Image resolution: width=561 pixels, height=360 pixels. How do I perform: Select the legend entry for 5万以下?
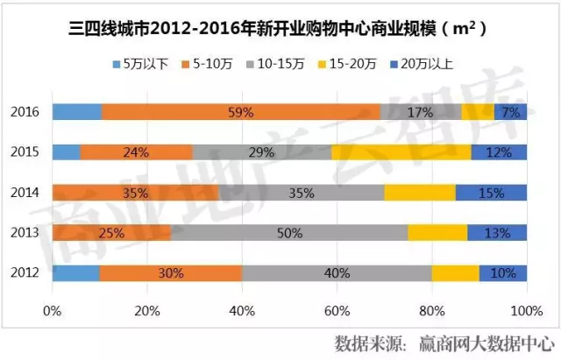click(140, 64)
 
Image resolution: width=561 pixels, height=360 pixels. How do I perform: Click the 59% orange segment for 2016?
click(241, 112)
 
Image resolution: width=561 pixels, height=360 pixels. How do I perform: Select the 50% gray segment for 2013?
click(289, 232)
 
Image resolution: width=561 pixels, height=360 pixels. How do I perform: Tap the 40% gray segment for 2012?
click(337, 272)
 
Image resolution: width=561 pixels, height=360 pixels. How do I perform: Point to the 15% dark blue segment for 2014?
click(491, 192)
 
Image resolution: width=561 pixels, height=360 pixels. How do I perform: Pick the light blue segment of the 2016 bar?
click(77, 112)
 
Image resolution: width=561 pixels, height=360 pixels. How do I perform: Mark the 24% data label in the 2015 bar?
click(136, 152)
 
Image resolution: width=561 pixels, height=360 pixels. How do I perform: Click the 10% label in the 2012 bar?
click(503, 272)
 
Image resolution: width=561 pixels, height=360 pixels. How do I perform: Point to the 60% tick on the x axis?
click(337, 311)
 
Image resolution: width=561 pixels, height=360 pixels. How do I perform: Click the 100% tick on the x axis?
click(525, 311)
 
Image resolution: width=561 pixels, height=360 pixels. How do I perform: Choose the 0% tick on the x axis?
click(53, 311)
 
